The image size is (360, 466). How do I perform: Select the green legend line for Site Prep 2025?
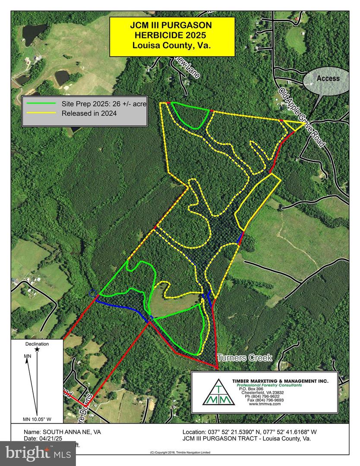pyautogui.click(x=41, y=104)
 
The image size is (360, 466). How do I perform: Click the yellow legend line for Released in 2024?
pyautogui.click(x=41, y=113)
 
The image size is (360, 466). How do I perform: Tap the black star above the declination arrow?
pyautogui.click(x=37, y=349)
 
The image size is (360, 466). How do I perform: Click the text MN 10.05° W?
pyautogui.click(x=37, y=419)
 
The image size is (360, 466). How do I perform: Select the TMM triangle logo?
pyautogui.click(x=219, y=392)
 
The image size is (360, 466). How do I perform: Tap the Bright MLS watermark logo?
pyautogui.click(x=32, y=453)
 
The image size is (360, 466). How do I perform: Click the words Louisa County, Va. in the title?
pyautogui.click(x=171, y=45)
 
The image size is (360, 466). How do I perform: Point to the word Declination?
pyautogui.click(x=37, y=344)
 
